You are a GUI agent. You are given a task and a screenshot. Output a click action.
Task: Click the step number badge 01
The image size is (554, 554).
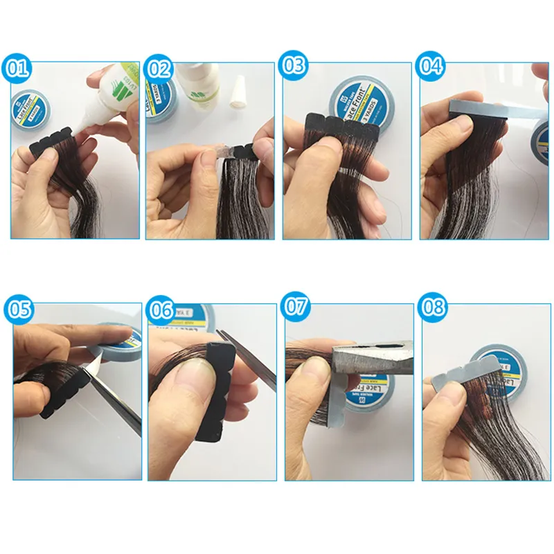pos(18,68)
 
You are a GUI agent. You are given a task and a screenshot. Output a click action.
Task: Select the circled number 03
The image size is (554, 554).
pos(294,66)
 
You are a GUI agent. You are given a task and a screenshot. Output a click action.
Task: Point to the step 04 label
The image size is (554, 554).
pos(431,66)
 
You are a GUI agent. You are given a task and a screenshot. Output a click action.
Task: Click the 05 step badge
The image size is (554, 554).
pos(18,309)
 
